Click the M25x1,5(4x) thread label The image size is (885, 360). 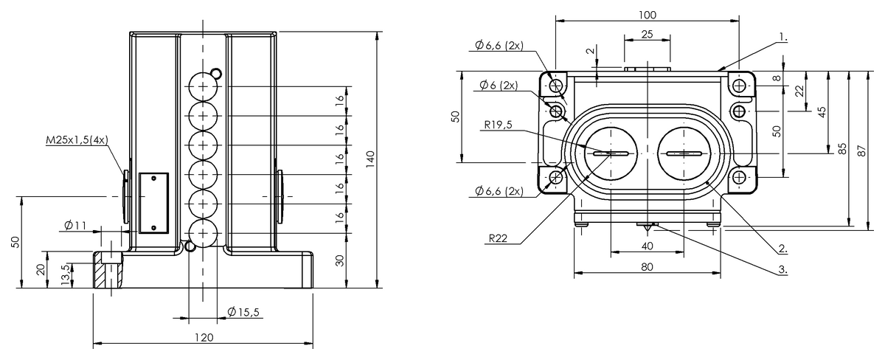pos(77,140)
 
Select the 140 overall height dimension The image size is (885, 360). pos(370,159)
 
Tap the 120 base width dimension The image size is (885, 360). pos(204,337)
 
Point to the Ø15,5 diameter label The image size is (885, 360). pos(243,312)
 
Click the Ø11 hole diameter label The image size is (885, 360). pos(75,226)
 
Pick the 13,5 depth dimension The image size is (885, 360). pos(66,274)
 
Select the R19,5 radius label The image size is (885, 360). pos(499,125)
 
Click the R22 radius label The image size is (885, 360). pos(498,238)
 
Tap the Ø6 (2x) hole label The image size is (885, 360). pos(499,85)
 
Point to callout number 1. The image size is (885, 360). pos(783,37)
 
